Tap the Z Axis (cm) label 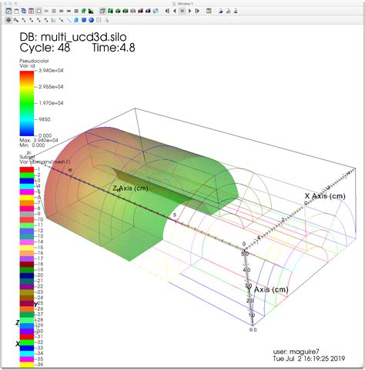point(131,188)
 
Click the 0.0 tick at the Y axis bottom point(252,328)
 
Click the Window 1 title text point(183,3)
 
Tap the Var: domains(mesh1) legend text point(49,162)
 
